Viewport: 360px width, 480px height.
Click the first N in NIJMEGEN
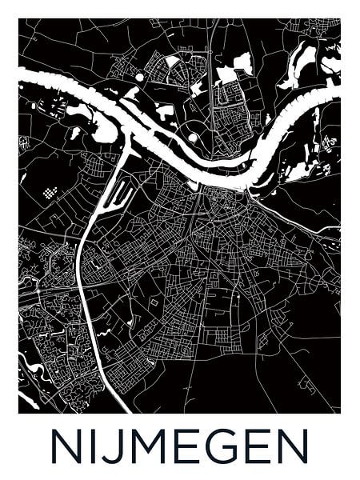click(66, 447)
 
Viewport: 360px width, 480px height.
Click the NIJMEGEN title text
click(179, 447)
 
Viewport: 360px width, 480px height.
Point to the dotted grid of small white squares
click(50, 193)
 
